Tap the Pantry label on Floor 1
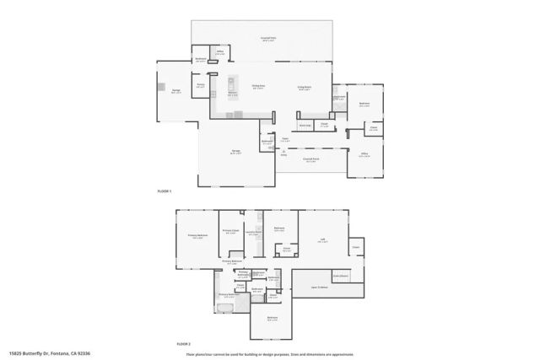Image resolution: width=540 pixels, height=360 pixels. [201, 85]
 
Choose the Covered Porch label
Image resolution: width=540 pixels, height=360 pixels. [310, 159]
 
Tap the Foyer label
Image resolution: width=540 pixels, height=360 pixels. [285, 138]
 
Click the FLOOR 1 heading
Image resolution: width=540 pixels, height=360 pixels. [165, 192]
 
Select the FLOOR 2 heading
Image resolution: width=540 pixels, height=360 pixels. [183, 344]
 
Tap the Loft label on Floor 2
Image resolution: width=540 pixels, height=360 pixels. [322, 240]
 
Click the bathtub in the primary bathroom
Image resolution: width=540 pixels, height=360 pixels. [226, 309]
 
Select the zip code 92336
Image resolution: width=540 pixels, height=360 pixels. [84, 353]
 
